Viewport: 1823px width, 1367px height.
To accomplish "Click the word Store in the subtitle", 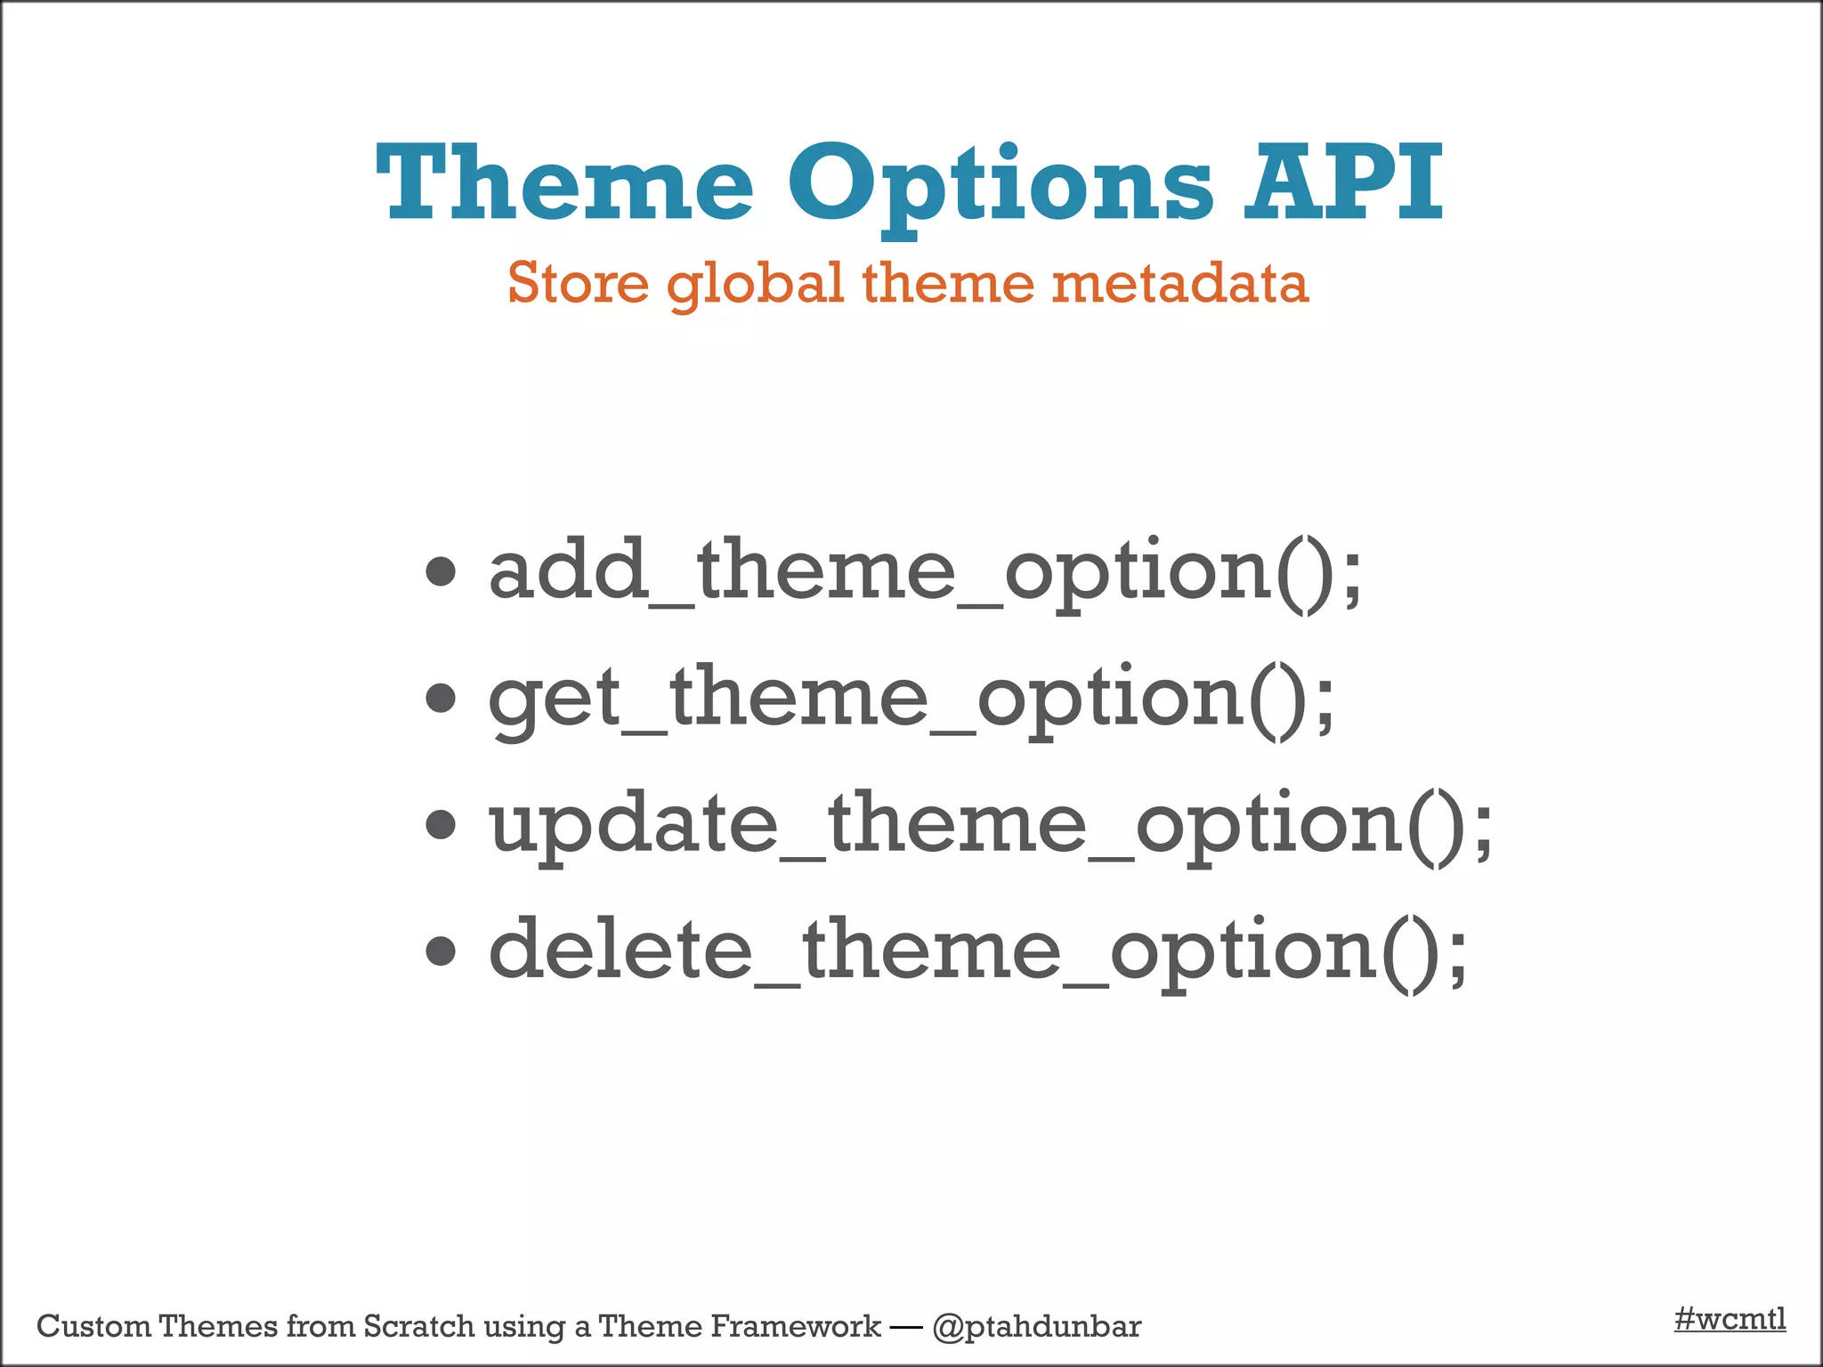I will click(578, 284).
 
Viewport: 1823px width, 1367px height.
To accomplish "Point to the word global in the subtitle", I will click(755, 284).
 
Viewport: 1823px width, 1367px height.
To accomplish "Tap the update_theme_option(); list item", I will click(990, 824).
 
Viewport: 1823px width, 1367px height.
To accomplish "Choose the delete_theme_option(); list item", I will click(976, 950).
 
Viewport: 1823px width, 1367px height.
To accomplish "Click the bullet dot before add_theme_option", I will click(441, 572).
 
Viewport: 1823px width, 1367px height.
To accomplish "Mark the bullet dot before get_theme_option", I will click(441, 699).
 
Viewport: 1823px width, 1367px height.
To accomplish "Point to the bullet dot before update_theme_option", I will click(441, 825).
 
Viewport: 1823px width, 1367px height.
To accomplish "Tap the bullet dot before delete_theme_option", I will click(441, 951).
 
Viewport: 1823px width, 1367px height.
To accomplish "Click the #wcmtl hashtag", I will click(1730, 1319).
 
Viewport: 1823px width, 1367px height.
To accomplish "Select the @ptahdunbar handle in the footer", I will click(1036, 1327).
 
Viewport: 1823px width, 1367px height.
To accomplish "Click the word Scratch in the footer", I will click(418, 1327).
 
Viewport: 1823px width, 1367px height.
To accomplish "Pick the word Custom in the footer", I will click(93, 1327).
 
